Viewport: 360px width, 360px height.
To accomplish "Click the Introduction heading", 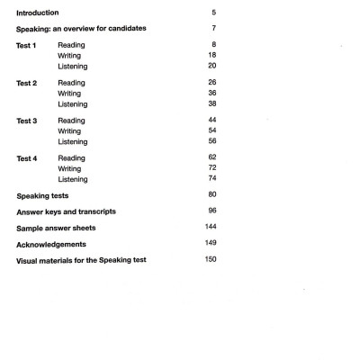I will [x=38, y=13].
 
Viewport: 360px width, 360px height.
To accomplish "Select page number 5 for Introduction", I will [x=213, y=13].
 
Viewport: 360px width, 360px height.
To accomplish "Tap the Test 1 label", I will [x=27, y=44].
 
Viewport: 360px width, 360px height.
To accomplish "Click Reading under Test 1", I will [x=71, y=44].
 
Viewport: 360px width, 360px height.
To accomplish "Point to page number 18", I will [x=211, y=55].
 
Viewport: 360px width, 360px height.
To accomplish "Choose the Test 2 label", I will [x=27, y=82].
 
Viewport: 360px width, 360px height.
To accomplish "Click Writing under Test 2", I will [x=69, y=93].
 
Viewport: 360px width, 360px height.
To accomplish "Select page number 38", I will [x=211, y=103].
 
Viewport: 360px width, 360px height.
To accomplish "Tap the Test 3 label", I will [x=27, y=120].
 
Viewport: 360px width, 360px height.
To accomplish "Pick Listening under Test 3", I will [x=73, y=141].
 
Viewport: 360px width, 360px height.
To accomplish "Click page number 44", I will [x=211, y=120].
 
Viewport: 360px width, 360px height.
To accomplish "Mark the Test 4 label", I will [x=27, y=157].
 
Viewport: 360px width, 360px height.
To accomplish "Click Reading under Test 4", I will [x=71, y=157].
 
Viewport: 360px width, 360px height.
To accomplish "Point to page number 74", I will [x=211, y=179].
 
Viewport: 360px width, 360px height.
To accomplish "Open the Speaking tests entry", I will [x=42, y=195].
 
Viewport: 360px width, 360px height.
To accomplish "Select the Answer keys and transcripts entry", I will [x=66, y=211].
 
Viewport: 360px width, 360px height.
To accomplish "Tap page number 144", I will [x=211, y=228].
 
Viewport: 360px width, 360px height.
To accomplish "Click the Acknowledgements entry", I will [x=52, y=244].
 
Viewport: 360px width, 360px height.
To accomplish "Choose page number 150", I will [x=211, y=260].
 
